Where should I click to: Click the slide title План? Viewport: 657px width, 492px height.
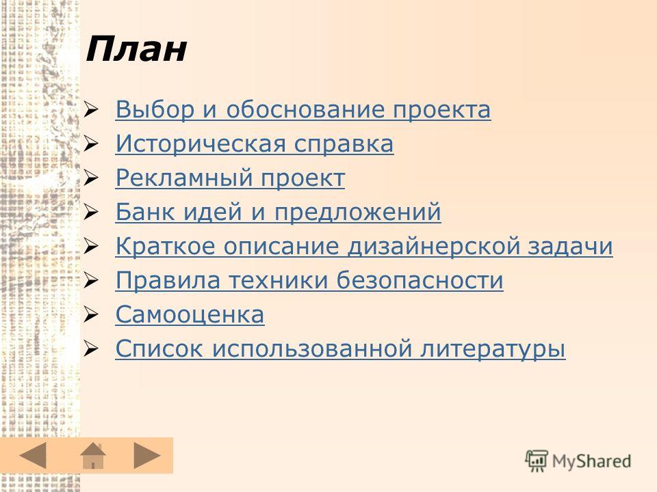(136, 49)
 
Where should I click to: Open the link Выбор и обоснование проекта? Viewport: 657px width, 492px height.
(303, 109)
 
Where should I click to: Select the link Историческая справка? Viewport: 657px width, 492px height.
(255, 144)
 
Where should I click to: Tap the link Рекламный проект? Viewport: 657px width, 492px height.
(230, 178)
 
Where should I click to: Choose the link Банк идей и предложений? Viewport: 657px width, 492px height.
(279, 212)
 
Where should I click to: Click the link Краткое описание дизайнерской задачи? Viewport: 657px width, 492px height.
(364, 246)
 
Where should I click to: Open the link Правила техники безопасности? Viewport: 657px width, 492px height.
(309, 280)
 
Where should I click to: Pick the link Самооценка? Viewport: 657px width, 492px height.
(190, 314)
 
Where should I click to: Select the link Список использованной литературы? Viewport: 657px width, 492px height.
(340, 348)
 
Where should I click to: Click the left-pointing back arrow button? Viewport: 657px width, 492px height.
(33, 455)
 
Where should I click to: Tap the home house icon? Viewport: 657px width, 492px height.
(93, 456)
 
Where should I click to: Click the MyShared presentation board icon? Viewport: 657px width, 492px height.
(537, 461)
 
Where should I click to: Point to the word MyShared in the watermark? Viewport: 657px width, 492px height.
(591, 461)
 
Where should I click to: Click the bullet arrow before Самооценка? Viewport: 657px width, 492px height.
(90, 314)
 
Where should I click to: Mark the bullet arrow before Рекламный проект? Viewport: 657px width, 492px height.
(90, 178)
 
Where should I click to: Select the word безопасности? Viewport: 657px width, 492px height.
(420, 280)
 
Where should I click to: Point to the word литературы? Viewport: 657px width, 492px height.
(493, 349)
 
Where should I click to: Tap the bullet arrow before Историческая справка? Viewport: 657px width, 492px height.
(90, 144)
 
